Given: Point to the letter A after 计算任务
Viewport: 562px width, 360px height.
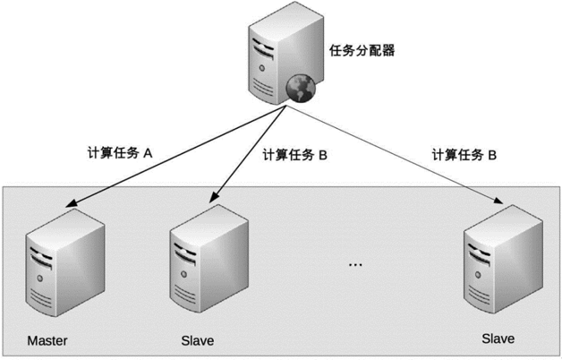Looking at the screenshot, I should (149, 153).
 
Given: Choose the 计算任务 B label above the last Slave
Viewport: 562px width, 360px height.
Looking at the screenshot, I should (464, 154).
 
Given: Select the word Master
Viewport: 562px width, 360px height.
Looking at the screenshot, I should (47, 340).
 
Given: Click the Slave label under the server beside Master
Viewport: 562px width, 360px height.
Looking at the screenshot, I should (197, 340).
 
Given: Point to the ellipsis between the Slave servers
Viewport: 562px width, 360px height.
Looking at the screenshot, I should (354, 264).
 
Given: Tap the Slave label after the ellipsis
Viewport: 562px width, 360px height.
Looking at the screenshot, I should (498, 339).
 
